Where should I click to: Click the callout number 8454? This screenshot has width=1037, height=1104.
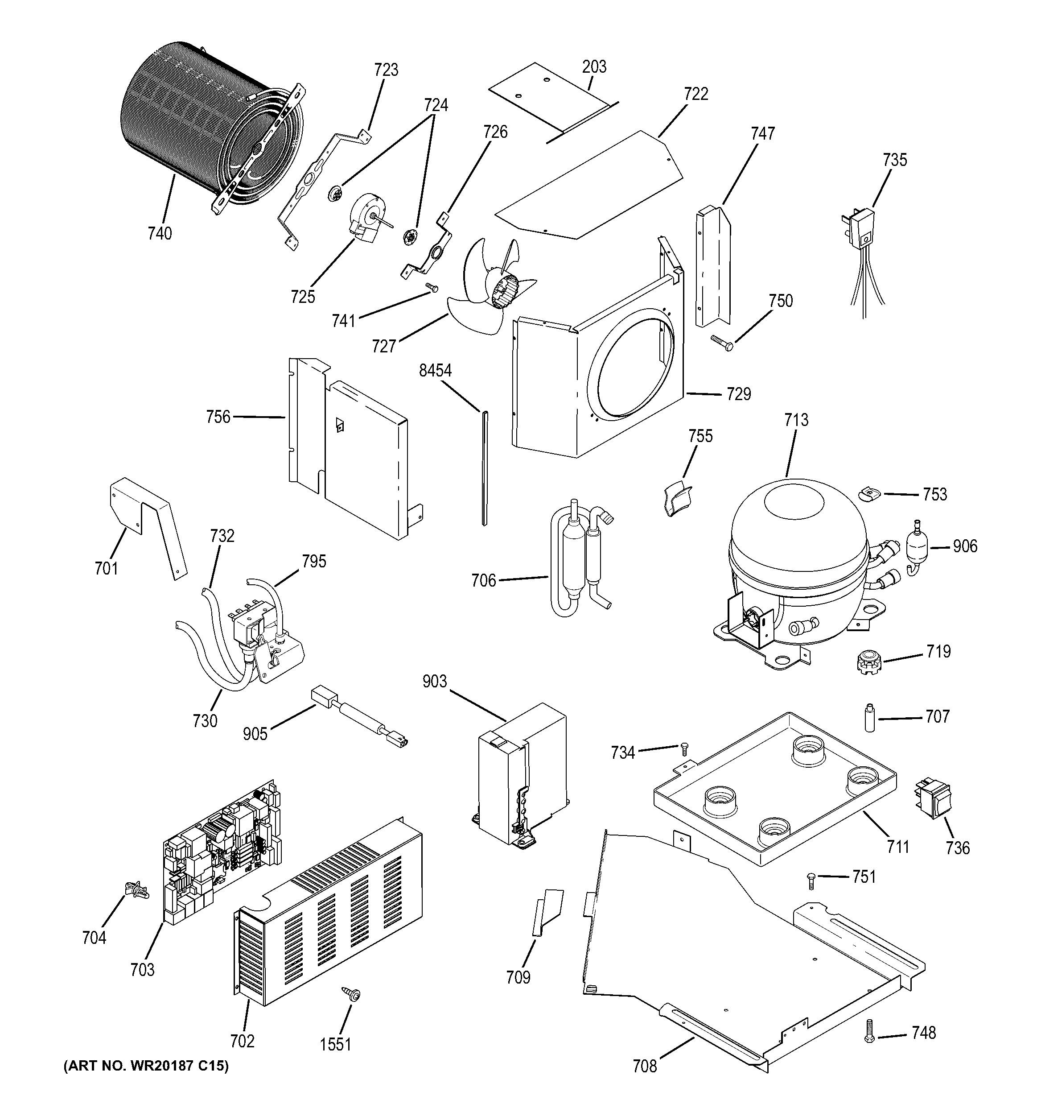[435, 370]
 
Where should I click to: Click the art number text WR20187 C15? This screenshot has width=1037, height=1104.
[146, 1081]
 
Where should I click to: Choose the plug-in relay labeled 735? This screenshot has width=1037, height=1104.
[862, 227]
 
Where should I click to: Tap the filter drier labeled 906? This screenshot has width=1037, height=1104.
[918, 546]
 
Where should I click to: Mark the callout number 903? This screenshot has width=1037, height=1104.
[434, 682]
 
